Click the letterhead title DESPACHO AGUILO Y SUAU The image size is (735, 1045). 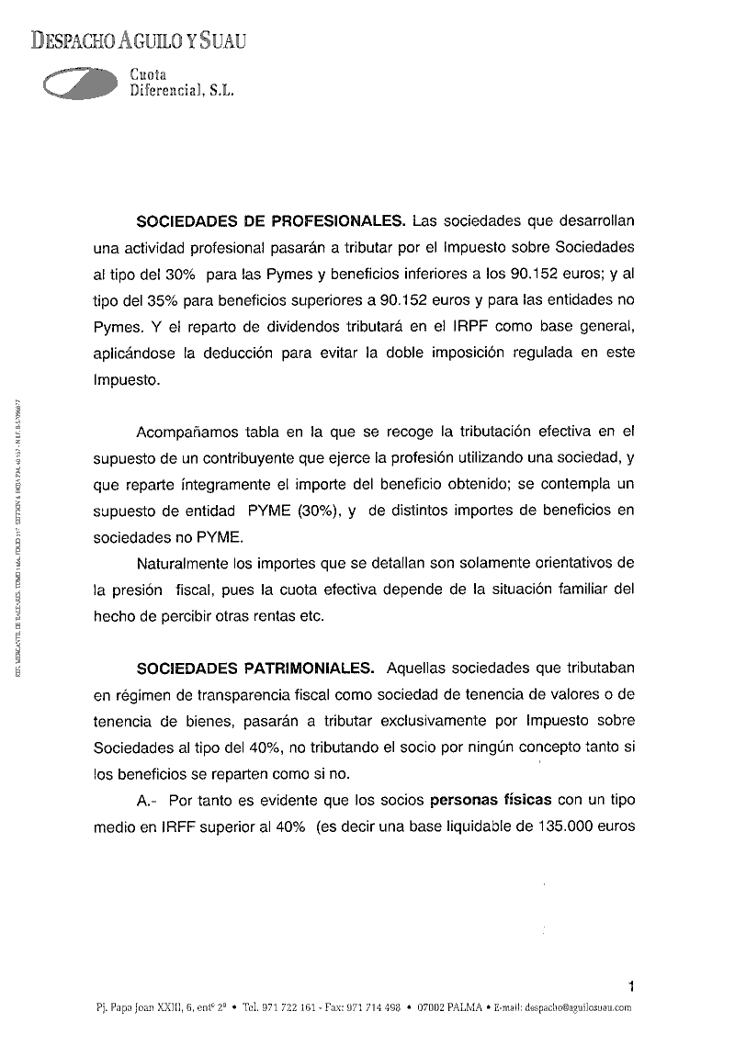point(137,39)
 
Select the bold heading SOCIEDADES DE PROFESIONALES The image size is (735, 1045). point(271,221)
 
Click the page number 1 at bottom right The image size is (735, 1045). point(631,987)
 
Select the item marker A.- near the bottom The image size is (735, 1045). point(148,800)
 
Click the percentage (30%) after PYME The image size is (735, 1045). point(314,510)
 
